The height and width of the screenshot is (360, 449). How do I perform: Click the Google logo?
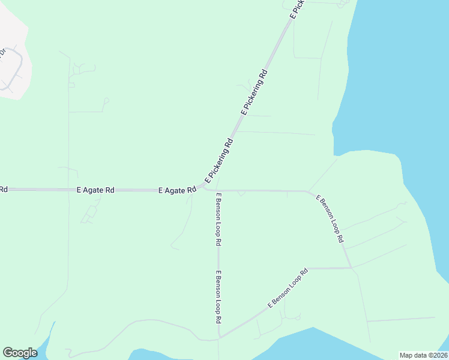pos(20,353)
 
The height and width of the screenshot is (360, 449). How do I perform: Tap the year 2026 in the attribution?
pos(438,355)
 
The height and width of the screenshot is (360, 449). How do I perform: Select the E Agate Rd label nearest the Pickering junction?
pos(177,190)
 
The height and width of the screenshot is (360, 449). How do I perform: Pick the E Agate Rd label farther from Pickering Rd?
pos(95,190)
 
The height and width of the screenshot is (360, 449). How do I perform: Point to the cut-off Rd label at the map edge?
pos(3,190)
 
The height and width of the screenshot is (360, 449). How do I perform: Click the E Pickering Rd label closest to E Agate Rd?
pos(218,161)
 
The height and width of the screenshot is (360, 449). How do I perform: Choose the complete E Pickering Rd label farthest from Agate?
pos(254,93)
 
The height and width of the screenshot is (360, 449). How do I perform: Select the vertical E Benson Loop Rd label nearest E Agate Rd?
pos(219,220)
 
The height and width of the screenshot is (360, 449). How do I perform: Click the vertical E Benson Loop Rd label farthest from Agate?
pos(219,298)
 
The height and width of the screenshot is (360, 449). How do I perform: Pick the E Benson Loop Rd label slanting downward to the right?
pos(330,218)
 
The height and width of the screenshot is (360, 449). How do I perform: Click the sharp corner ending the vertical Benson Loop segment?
pos(220,336)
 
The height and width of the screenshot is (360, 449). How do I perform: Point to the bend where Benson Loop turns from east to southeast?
pos(308,192)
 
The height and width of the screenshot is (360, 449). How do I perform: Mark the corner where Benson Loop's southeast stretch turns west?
pos(351,268)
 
